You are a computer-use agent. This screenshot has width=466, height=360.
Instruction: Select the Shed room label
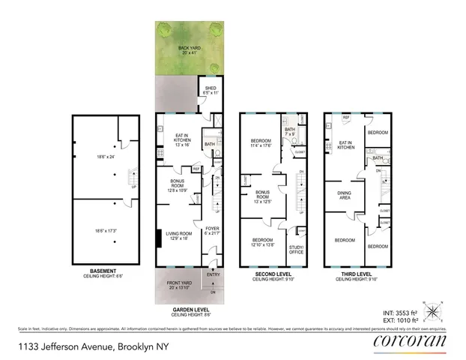tap(211, 90)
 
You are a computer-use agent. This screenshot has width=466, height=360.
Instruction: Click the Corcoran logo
tap(410, 342)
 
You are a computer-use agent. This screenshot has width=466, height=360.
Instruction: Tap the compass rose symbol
tap(432, 308)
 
